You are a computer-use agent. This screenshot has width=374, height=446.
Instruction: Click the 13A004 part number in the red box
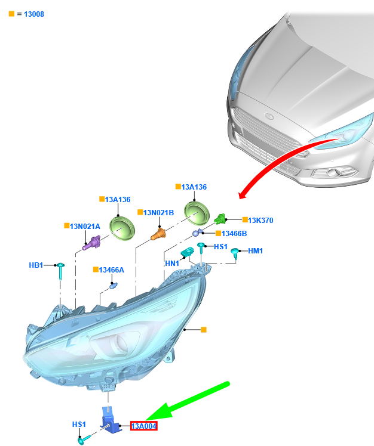143,426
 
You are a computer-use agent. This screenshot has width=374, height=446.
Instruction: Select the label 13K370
260,221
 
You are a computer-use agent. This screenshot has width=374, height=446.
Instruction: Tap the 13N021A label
85,227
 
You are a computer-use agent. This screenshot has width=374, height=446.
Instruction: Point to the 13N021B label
158,213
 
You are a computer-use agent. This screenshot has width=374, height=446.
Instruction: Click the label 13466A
112,270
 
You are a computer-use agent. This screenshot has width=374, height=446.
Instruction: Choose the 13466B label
234,234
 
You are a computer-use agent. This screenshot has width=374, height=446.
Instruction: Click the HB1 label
36,265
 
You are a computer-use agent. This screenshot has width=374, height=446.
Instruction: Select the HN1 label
172,264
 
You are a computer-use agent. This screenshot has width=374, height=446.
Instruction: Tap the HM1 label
256,251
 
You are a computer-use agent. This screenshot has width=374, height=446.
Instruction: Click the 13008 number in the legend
34,14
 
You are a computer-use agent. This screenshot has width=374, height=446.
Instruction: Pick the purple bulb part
91,243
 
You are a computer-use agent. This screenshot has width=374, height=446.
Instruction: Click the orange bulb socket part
158,234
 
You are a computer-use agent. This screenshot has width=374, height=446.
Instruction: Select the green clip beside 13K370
220,219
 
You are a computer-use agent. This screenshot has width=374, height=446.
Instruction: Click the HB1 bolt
60,271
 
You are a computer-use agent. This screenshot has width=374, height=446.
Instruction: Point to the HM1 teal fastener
235,253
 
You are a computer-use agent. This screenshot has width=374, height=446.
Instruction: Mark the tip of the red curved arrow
240,198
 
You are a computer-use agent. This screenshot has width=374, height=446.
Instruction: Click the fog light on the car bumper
333,172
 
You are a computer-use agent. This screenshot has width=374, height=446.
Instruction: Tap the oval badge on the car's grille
269,116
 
